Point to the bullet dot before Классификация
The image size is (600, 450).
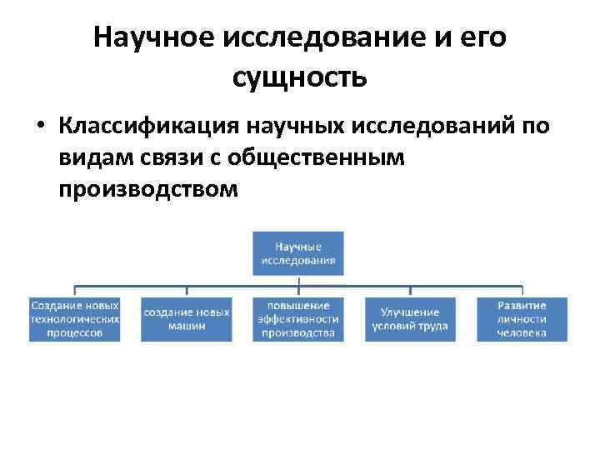[40, 127]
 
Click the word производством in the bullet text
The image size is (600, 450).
[148, 189]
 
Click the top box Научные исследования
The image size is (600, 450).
[298, 253]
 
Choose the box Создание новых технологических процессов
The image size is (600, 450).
[74, 318]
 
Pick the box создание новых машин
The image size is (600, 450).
[186, 318]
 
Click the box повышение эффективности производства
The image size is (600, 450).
[298, 318]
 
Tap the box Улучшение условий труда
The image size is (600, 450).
[409, 318]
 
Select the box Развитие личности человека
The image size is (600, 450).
[522, 318]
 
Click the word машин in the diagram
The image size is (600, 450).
[186, 326]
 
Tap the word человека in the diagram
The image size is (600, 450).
[522, 332]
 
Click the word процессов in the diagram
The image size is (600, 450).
[74, 332]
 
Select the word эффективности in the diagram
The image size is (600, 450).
[298, 319]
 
